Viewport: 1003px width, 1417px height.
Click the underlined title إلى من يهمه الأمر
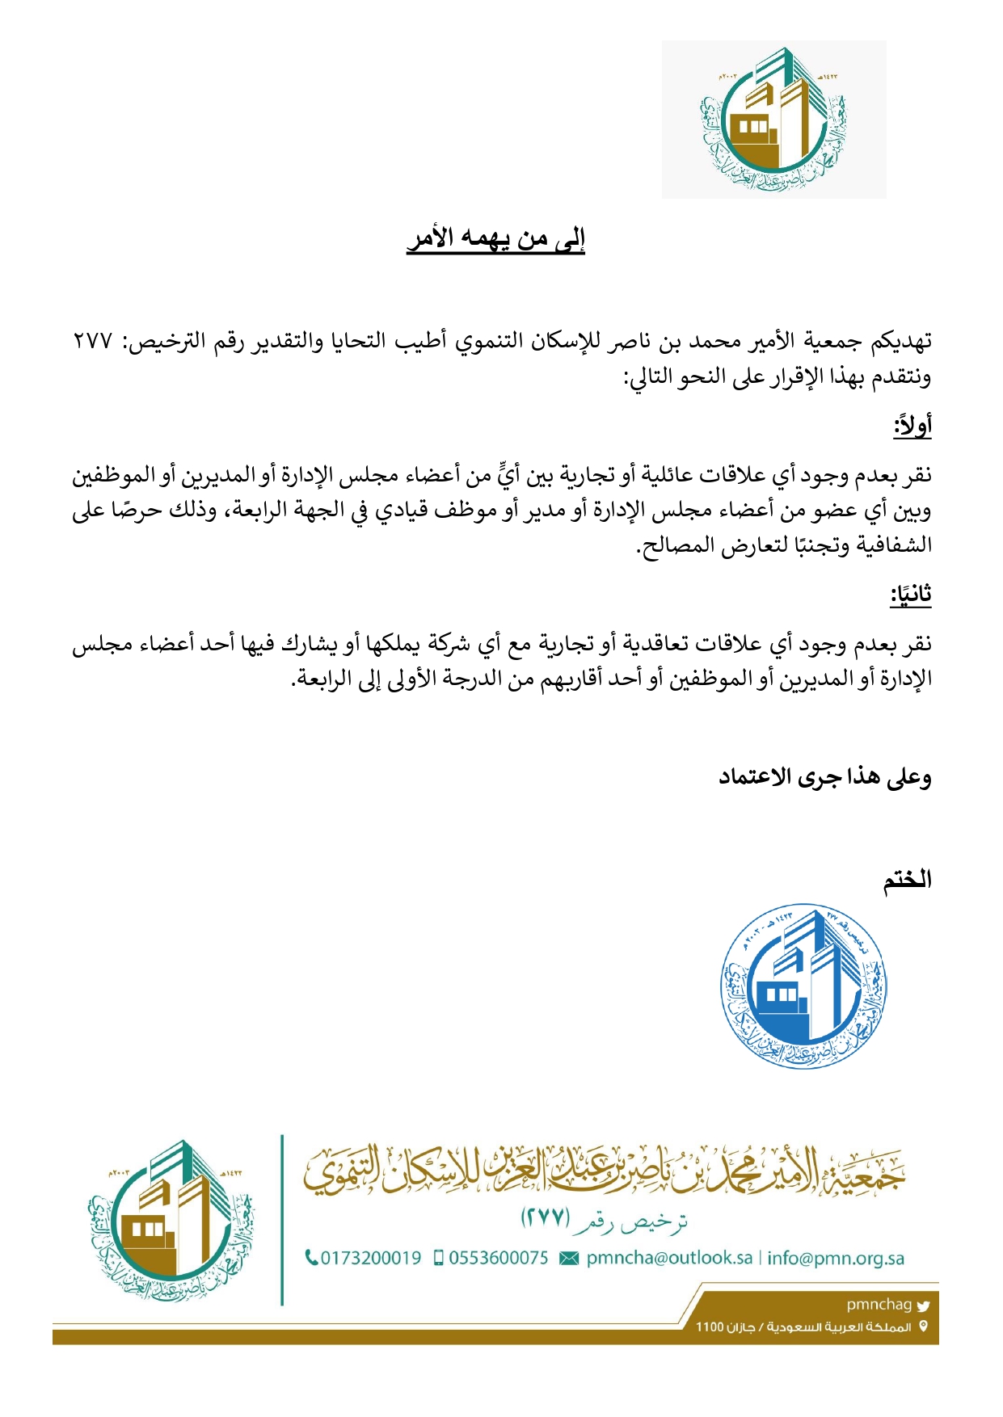coord(495,239)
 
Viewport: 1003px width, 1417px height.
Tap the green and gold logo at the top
coord(773,120)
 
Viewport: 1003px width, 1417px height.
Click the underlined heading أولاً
coord(912,425)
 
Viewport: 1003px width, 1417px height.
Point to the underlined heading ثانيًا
coord(911,595)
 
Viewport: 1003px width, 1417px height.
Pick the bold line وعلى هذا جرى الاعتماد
coord(825,777)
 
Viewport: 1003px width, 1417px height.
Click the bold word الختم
coord(907,880)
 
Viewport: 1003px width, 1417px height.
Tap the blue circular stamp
coord(803,986)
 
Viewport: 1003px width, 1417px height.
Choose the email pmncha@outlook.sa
coord(669,1258)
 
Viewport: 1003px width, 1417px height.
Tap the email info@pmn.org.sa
coord(836,1258)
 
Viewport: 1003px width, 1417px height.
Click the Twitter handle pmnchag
coord(879,1304)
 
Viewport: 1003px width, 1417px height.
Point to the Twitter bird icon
coord(924,1305)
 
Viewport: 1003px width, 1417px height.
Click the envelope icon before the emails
coord(569,1259)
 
